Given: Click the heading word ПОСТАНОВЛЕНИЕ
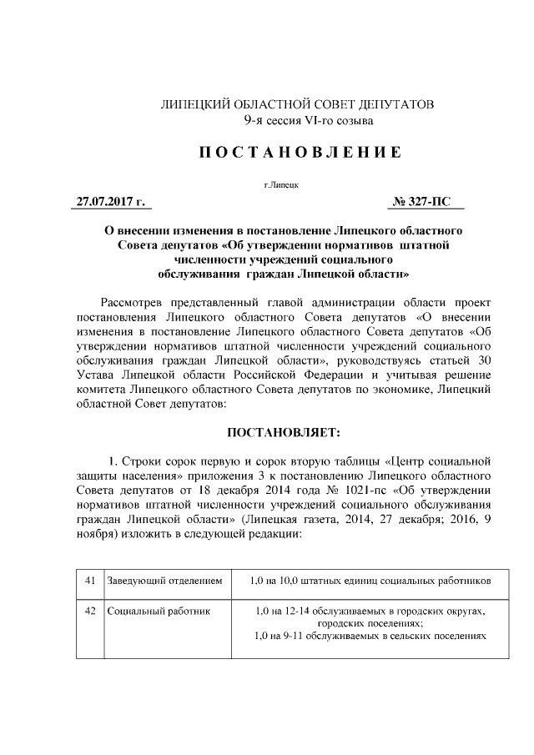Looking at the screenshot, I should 288,153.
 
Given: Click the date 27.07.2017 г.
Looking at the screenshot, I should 111,201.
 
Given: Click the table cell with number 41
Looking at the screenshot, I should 90,580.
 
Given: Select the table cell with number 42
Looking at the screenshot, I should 90,611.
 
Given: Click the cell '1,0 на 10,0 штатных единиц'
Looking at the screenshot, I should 370,580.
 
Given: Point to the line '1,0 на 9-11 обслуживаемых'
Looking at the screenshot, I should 370,636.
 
